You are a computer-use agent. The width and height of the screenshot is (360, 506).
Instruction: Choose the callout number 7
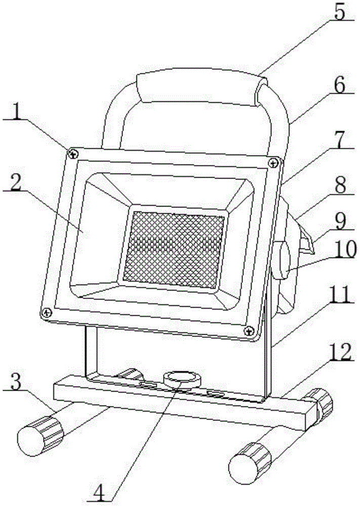click(340, 143)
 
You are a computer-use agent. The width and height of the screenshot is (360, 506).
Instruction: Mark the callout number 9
click(340, 221)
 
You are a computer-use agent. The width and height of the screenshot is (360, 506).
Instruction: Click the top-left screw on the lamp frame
click(73, 152)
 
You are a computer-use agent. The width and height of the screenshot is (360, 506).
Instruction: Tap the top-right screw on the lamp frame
click(274, 162)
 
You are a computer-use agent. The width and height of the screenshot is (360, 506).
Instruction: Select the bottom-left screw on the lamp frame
click(46, 313)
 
